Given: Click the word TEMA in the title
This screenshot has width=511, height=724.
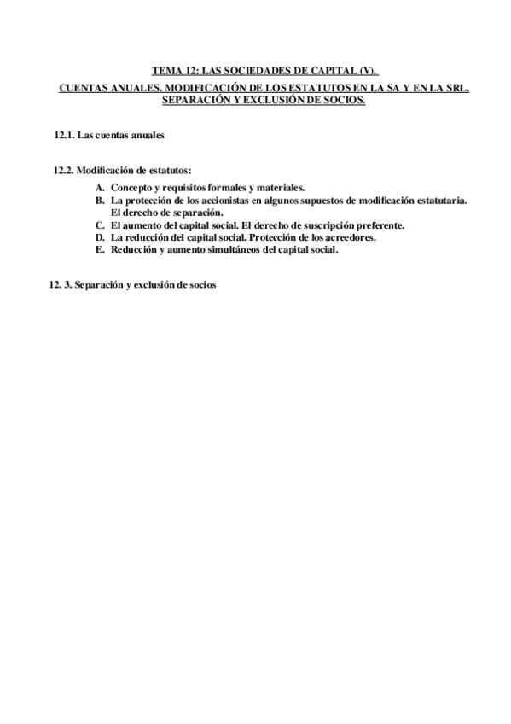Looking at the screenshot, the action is click(x=165, y=70).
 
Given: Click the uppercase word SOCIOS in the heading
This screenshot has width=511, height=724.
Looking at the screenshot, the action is click(x=346, y=101).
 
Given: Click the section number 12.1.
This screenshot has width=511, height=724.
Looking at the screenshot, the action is click(x=64, y=136).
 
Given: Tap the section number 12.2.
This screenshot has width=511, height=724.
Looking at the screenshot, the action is click(x=64, y=170).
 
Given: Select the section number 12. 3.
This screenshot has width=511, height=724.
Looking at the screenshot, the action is click(x=61, y=285).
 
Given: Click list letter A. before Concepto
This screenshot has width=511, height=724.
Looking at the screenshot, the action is click(x=101, y=187).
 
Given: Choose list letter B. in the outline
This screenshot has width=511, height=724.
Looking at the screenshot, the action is click(x=101, y=200).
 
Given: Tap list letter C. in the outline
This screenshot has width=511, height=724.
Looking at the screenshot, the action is click(x=101, y=225).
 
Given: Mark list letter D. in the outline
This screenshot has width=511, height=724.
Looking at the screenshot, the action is click(x=101, y=237).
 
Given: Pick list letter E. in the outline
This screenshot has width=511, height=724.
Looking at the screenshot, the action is click(x=101, y=250).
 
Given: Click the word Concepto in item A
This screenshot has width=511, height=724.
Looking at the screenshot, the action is click(x=131, y=187).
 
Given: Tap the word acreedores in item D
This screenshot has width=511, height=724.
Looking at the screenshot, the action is click(x=350, y=237).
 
